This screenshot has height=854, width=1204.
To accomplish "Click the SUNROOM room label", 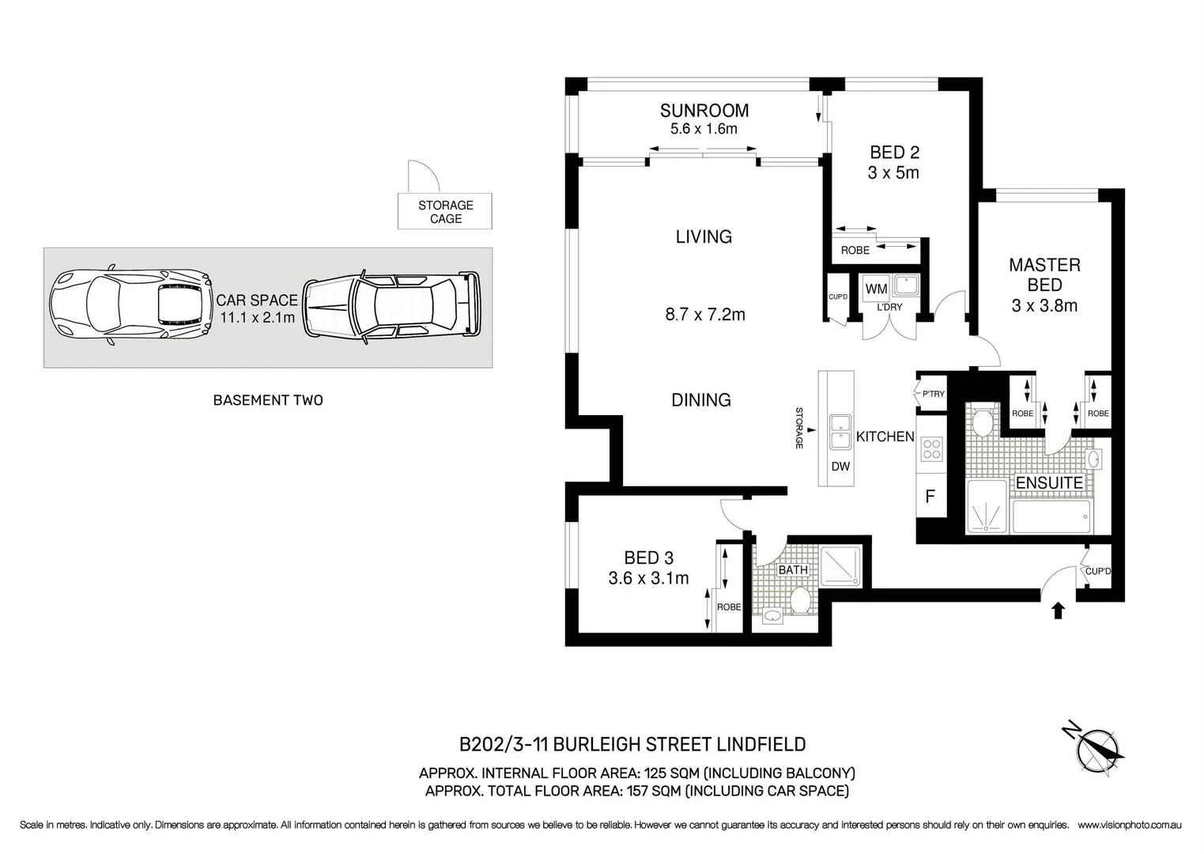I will (x=704, y=111).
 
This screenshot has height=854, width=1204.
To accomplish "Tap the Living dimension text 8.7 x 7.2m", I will (x=704, y=315).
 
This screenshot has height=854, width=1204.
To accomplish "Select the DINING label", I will (x=700, y=400).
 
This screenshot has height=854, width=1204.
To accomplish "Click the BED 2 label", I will (x=894, y=153).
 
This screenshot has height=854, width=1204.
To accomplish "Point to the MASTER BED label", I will (x=1044, y=275).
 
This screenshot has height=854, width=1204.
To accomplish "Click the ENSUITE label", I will (x=1048, y=483).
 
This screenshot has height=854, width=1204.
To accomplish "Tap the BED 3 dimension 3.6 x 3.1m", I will (x=648, y=579).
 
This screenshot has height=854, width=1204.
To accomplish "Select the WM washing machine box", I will (x=876, y=289).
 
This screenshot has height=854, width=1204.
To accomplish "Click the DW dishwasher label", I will (x=840, y=467).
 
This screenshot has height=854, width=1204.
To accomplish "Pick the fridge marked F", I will (x=930, y=497).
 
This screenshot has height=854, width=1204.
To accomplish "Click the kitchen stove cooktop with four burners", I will (x=932, y=448).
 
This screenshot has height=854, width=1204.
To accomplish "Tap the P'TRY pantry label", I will (x=933, y=394).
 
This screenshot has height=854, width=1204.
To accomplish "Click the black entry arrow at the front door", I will (x=1059, y=610).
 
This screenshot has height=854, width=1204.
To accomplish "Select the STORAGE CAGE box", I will (x=445, y=212).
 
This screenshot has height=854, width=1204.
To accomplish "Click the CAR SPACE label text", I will (x=257, y=300).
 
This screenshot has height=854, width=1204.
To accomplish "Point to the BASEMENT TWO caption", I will (x=268, y=400).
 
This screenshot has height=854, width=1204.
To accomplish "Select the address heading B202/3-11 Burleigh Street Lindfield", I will (x=632, y=744).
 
